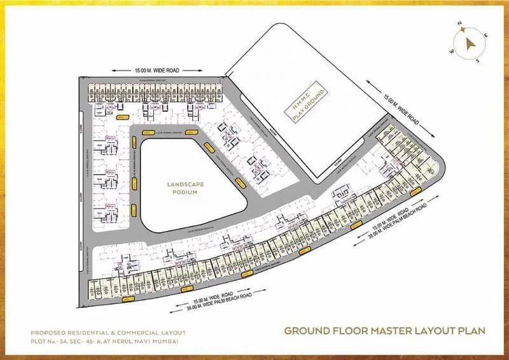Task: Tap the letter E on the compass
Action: coord(487,36)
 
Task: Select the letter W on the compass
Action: coord(452,52)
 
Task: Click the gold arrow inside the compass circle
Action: coord(470,43)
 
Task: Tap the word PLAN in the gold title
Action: coord(471,331)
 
